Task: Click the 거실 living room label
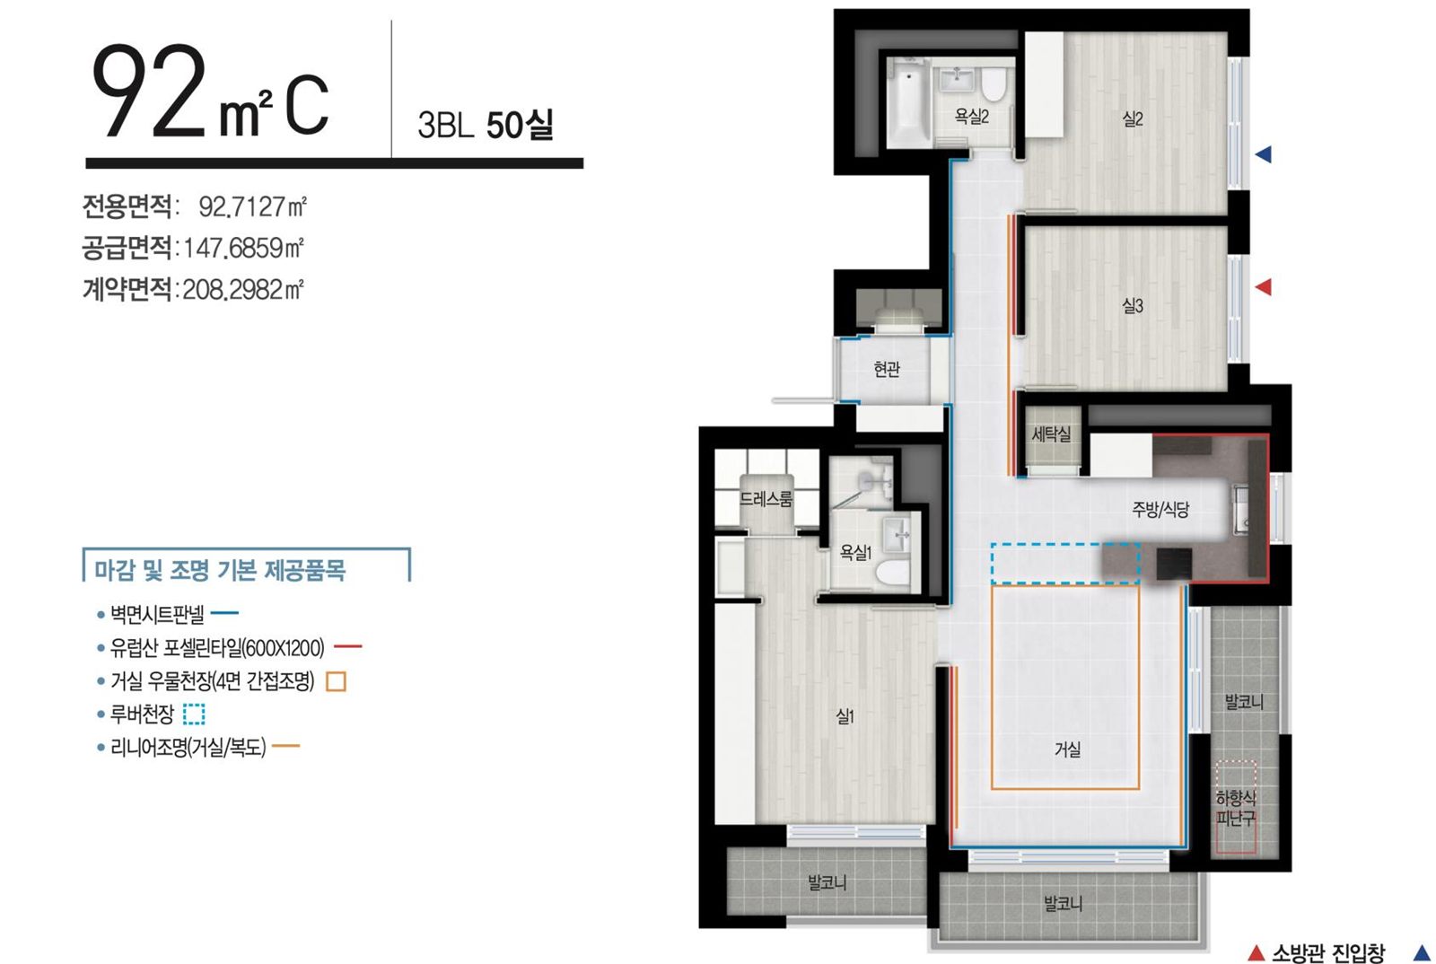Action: pos(1067,749)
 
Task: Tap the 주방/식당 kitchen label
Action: pos(1160,510)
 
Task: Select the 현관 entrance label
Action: pos(887,369)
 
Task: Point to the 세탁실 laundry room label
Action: pos(1051,434)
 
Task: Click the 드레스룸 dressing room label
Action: pos(766,499)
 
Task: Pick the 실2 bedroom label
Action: pos(1133,118)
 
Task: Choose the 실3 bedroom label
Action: pos(1133,305)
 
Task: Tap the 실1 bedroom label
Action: pos(845,716)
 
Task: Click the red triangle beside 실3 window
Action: pos(1263,287)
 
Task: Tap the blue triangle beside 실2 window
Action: pos(1263,154)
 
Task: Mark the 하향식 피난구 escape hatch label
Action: pos(1236,808)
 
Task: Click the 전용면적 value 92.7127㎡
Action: pos(252,206)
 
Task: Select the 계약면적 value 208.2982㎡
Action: pos(243,290)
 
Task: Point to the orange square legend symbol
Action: pos(336,681)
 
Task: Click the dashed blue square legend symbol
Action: pos(194,714)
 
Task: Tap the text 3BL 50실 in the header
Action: pos(486,125)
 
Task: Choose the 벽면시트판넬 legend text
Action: pos(157,614)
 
